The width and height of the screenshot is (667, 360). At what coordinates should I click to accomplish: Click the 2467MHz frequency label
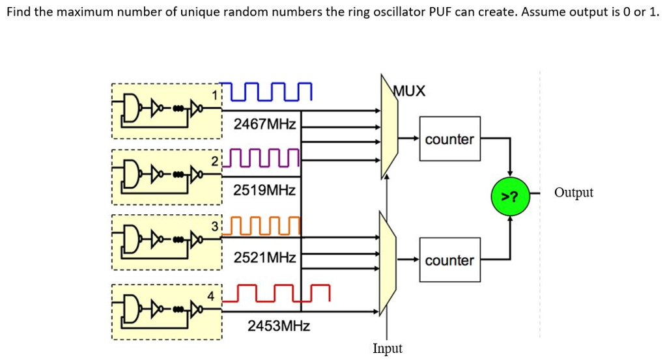tap(264, 123)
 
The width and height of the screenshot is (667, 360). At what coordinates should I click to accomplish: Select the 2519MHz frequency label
tap(264, 191)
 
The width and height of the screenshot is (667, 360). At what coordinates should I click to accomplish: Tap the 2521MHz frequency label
tap(264, 258)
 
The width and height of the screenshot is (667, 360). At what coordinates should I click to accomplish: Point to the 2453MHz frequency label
tap(278, 325)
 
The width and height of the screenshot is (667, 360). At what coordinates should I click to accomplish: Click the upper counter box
tap(449, 139)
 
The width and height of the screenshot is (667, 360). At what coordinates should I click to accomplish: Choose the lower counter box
tap(449, 260)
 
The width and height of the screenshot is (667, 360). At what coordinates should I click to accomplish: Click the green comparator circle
tap(510, 194)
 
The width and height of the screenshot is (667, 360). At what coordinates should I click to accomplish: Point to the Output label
tap(573, 193)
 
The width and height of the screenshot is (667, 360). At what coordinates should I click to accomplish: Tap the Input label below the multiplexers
tap(388, 348)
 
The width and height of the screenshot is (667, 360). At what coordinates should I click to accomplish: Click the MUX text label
tap(410, 91)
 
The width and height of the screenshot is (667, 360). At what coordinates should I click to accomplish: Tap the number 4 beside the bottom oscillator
tap(210, 296)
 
